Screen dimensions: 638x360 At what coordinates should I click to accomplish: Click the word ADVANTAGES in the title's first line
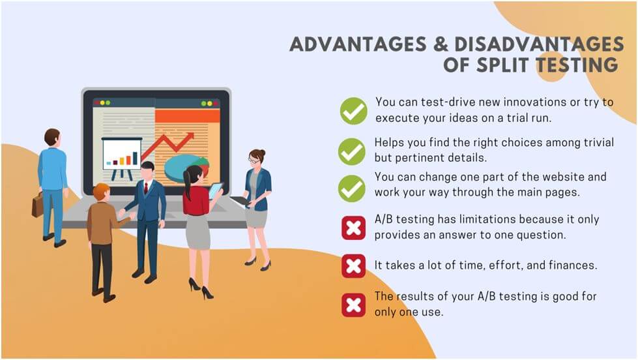(x=358, y=44)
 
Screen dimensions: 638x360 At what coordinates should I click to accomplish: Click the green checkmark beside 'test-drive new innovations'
(x=354, y=111)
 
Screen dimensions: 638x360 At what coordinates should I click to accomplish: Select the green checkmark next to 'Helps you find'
(x=352, y=151)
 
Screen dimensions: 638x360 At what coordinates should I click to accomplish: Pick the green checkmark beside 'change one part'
(x=352, y=188)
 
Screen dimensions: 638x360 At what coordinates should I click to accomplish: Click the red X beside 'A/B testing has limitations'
(x=354, y=228)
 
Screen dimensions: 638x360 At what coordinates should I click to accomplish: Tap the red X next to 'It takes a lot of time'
(x=354, y=266)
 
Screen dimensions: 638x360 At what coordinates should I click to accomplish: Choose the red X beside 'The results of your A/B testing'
(x=354, y=305)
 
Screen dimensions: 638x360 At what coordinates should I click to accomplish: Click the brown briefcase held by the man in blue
(x=37, y=205)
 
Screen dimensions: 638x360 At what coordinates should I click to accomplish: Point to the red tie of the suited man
(x=146, y=188)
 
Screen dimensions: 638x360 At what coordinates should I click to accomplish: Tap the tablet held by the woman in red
(x=216, y=190)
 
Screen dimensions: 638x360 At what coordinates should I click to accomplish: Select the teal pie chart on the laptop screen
(x=182, y=168)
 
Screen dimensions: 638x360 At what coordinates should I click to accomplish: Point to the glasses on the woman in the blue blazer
(x=254, y=161)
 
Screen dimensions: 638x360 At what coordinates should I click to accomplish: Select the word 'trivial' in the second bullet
(x=598, y=142)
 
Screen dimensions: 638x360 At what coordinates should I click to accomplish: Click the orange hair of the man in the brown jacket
(x=101, y=190)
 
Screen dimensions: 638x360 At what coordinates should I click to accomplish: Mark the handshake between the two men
(x=122, y=213)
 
